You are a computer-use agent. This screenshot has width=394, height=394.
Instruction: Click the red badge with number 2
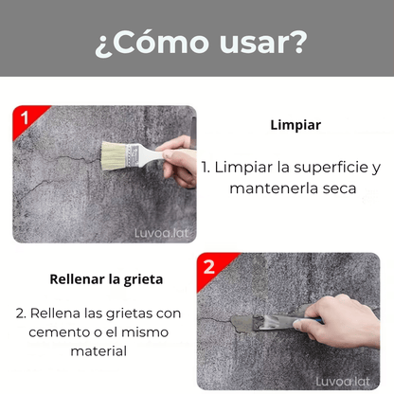click(208, 265)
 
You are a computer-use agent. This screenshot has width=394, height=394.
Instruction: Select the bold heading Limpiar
click(295, 124)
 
